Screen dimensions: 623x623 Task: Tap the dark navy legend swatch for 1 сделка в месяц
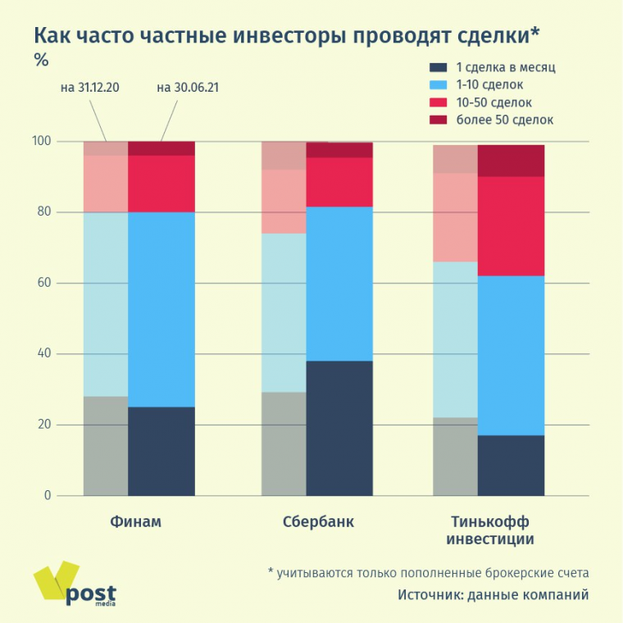[x=439, y=67]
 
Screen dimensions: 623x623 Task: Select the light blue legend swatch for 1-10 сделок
[x=439, y=84]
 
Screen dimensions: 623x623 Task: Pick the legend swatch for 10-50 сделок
[x=439, y=102]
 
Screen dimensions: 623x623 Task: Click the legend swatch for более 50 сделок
[x=439, y=120]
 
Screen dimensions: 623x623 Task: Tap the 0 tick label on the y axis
[x=47, y=495]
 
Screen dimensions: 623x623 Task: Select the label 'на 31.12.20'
[x=90, y=88]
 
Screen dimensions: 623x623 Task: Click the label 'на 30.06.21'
[x=186, y=88]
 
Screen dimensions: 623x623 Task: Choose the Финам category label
[x=135, y=521]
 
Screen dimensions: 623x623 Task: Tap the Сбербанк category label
[x=318, y=521]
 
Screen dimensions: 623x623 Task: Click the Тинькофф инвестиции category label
[x=489, y=530]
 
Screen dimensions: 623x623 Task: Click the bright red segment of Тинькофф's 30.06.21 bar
[x=511, y=226]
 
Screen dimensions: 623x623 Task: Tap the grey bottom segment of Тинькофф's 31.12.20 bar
[x=455, y=457]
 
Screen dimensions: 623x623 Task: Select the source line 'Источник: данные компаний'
[x=493, y=595]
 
